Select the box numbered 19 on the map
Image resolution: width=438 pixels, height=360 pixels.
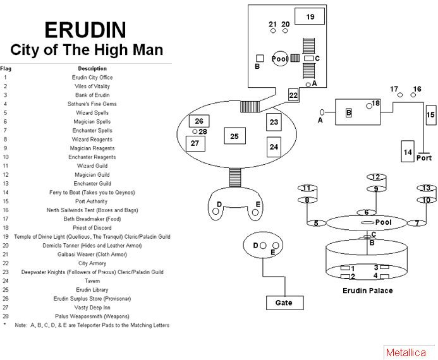click(x=310, y=17)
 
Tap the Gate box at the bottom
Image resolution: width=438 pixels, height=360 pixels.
click(x=284, y=303)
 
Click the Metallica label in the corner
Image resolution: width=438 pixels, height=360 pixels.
click(x=406, y=352)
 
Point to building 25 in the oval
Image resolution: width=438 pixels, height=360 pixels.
click(x=234, y=136)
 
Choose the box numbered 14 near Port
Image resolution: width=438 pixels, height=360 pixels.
click(x=408, y=152)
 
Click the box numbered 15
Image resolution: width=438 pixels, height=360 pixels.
click(x=430, y=115)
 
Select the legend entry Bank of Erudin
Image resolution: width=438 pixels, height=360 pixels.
click(x=92, y=95)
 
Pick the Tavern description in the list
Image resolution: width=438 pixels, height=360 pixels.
click(x=92, y=280)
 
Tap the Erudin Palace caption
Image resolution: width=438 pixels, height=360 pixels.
click(x=367, y=291)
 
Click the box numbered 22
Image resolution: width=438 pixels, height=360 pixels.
click(x=293, y=95)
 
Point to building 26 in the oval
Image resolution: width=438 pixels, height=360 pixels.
click(x=198, y=121)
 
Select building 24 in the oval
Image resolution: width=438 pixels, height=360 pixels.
click(x=274, y=147)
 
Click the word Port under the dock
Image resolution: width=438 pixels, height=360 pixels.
click(x=423, y=158)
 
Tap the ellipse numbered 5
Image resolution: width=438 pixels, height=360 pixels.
click(x=316, y=223)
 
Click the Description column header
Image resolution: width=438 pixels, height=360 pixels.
click(x=92, y=68)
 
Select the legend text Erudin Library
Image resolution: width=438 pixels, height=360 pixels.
click(x=92, y=289)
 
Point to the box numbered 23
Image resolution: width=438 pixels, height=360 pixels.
click(x=274, y=122)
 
